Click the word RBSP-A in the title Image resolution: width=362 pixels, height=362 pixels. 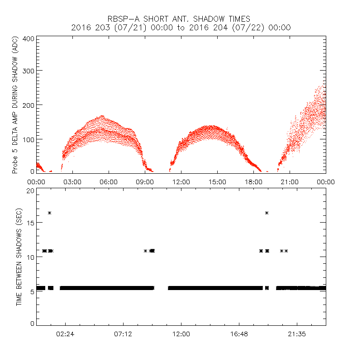[121, 19]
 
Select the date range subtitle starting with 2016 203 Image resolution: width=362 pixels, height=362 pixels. [181, 28]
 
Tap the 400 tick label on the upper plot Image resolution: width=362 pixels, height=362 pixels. [28, 38]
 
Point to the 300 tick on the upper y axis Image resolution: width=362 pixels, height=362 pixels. [28, 71]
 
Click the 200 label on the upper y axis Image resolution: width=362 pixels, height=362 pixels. [28, 105]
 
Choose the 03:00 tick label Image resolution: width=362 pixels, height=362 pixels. [72, 181]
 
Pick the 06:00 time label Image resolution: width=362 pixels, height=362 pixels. [109, 181]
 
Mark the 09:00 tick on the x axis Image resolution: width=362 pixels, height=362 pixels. [145, 181]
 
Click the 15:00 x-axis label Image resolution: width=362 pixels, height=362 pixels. [217, 181]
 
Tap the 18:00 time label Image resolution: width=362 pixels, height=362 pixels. [253, 181]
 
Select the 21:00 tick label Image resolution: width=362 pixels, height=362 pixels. [290, 181]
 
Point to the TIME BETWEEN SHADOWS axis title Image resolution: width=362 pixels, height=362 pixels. [19, 257]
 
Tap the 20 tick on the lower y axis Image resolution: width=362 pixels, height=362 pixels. [30, 191]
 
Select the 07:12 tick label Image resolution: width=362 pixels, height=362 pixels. [123, 333]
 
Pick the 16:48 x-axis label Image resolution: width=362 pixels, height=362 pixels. [239, 333]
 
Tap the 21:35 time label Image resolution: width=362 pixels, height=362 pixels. [297, 333]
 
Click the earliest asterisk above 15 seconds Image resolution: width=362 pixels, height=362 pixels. [50, 213]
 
